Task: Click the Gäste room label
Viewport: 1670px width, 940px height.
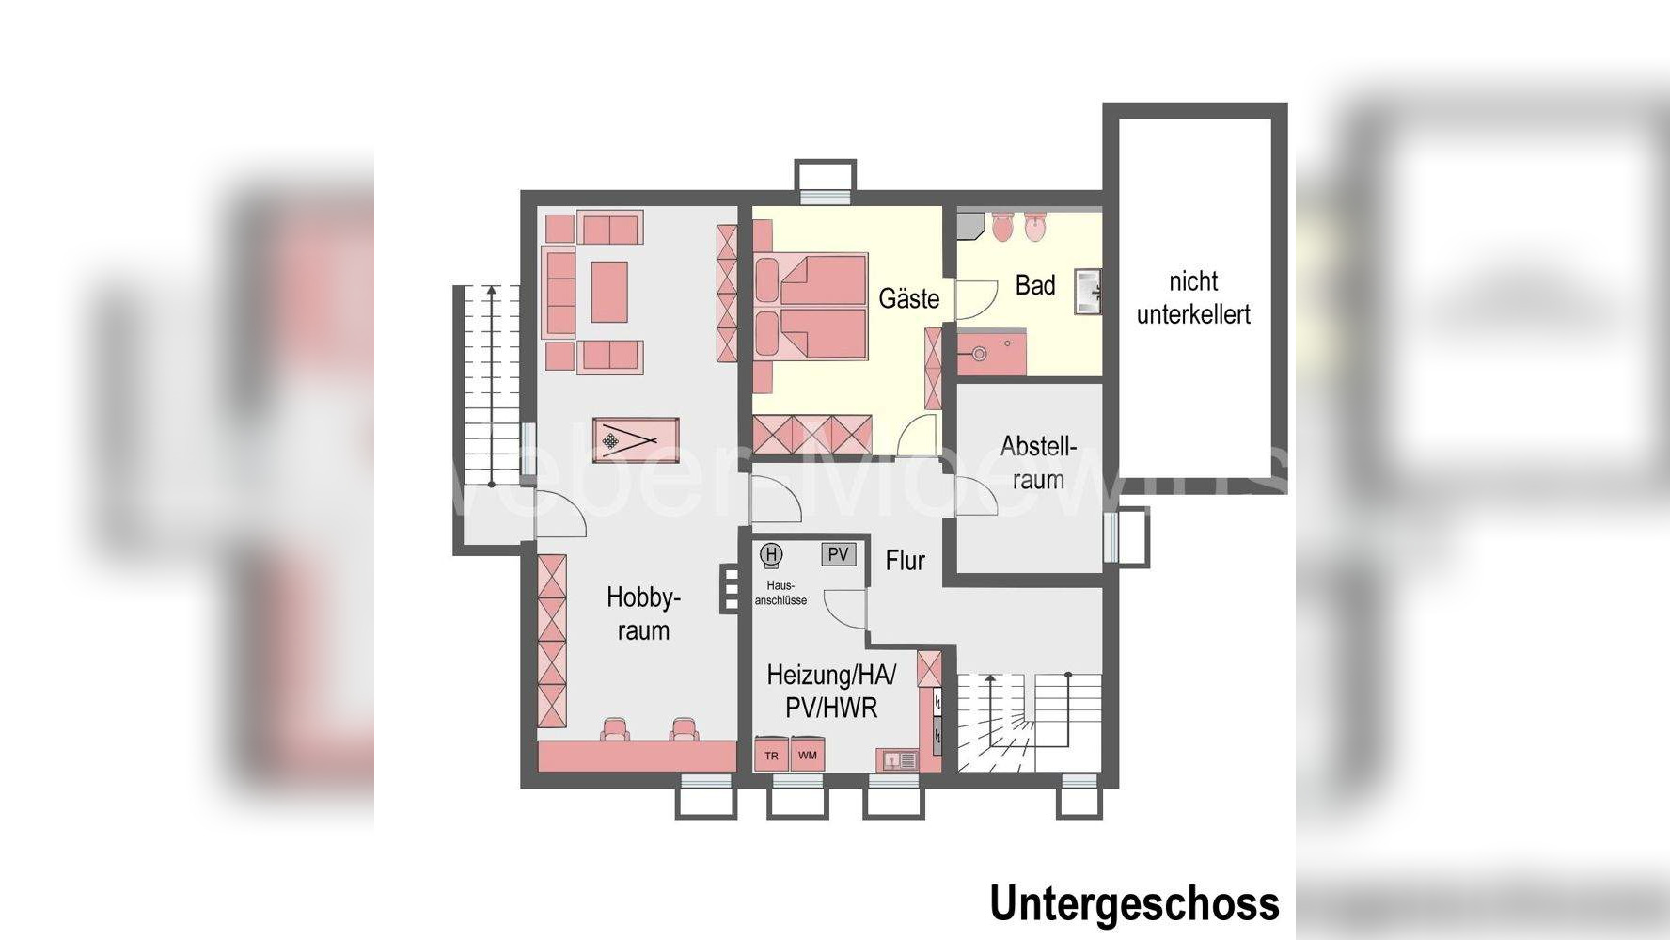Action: click(908, 299)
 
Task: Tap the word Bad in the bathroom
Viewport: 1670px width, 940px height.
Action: click(1035, 285)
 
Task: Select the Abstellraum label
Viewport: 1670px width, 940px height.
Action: click(1038, 462)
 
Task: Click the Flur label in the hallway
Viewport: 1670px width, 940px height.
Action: click(905, 561)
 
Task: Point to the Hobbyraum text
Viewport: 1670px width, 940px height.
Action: click(643, 613)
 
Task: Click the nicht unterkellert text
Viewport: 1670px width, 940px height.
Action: click(1193, 297)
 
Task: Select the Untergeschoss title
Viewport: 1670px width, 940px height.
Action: click(1134, 903)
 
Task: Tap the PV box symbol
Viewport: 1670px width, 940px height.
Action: click(838, 554)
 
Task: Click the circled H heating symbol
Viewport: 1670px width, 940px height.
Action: click(772, 554)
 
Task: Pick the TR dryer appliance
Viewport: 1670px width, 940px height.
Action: click(771, 756)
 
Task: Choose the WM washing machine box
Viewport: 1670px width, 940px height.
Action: click(807, 755)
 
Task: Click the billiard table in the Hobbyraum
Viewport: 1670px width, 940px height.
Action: click(636, 439)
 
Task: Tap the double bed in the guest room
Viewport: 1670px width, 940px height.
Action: click(811, 306)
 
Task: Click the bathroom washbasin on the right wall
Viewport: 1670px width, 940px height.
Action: click(1088, 291)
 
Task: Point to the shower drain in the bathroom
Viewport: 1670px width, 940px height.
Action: click(979, 354)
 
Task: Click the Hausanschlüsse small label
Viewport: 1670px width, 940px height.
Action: click(780, 593)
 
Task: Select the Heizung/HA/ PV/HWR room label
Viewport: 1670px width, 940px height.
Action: click(830, 691)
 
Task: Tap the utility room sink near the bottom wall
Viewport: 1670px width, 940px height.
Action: click(897, 759)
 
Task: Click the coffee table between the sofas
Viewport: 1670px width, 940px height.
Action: click(609, 292)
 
